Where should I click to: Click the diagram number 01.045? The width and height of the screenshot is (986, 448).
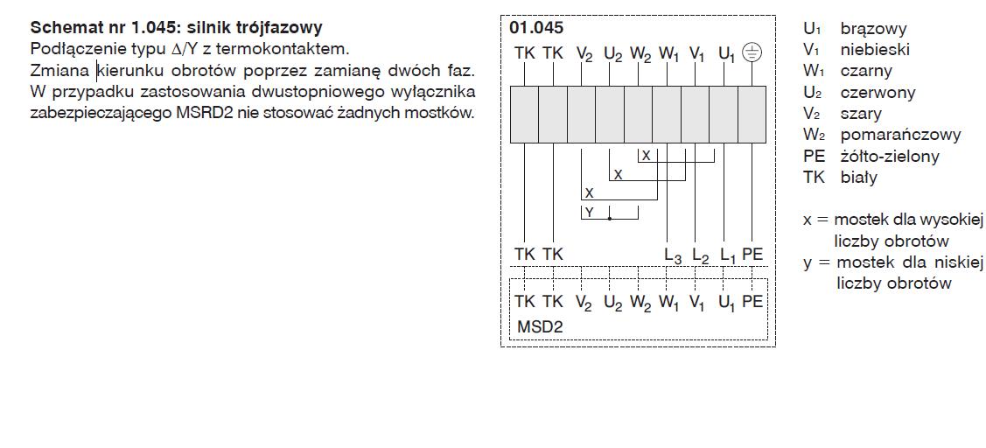pyautogui.click(x=536, y=28)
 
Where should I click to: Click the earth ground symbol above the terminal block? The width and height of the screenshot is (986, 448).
pyautogui.click(x=752, y=52)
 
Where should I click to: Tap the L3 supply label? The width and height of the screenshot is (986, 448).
pyautogui.click(x=672, y=255)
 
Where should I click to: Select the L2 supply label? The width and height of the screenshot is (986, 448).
pyautogui.click(x=700, y=255)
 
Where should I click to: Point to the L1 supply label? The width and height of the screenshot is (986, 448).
pyautogui.click(x=728, y=255)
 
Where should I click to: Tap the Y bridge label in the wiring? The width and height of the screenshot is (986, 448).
pyautogui.click(x=589, y=213)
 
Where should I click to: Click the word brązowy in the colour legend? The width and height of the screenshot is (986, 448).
pyautogui.click(x=873, y=29)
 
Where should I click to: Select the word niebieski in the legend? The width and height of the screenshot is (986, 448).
pyautogui.click(x=875, y=50)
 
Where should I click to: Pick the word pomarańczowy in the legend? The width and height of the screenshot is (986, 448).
pyautogui.click(x=900, y=135)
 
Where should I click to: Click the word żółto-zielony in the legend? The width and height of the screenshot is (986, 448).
pyautogui.click(x=890, y=156)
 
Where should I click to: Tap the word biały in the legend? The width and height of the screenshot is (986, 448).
pyautogui.click(x=858, y=177)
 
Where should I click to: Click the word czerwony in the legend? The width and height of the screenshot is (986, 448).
pyautogui.click(x=878, y=92)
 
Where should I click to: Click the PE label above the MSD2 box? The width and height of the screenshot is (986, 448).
pyautogui.click(x=752, y=255)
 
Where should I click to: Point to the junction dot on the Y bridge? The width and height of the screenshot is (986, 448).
pyautogui.click(x=610, y=218)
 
